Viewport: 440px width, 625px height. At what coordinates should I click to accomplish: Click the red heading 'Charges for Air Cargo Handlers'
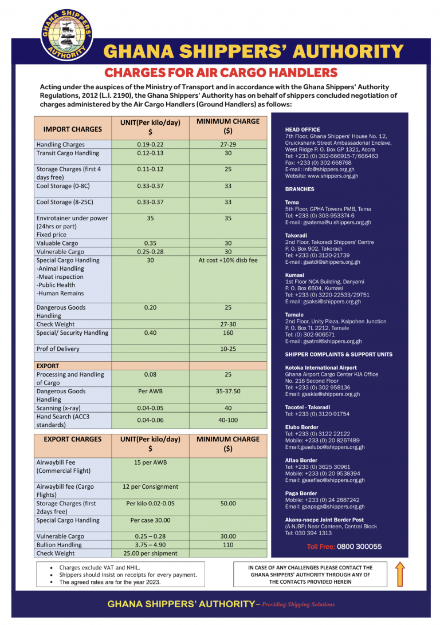pyautogui.click(x=221, y=73)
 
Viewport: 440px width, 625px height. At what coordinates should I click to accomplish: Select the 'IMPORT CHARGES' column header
pyautogui.click(x=72, y=129)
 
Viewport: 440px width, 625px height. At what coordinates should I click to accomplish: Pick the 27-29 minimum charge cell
pyautogui.click(x=228, y=145)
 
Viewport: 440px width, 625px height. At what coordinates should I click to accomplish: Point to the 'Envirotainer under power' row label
pyautogui.click(x=72, y=218)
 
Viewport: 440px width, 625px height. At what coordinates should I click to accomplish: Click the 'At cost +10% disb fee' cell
pyautogui.click(x=228, y=260)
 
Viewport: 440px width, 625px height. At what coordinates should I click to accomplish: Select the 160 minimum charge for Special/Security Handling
pyautogui.click(x=228, y=333)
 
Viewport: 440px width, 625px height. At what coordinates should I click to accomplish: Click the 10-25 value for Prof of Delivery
pyautogui.click(x=228, y=349)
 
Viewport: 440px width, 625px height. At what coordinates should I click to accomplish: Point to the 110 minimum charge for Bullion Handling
pyautogui.click(x=228, y=545)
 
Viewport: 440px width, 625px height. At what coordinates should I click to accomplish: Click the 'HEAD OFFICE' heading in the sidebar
pyautogui.click(x=302, y=130)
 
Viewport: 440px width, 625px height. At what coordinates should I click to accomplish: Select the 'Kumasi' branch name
pyautogui.click(x=294, y=275)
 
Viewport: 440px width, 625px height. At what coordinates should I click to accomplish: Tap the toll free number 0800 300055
pyautogui.click(x=359, y=547)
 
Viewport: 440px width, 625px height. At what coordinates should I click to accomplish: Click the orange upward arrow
pyautogui.click(x=400, y=574)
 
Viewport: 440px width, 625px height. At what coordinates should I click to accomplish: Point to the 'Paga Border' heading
pyautogui.click(x=301, y=493)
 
